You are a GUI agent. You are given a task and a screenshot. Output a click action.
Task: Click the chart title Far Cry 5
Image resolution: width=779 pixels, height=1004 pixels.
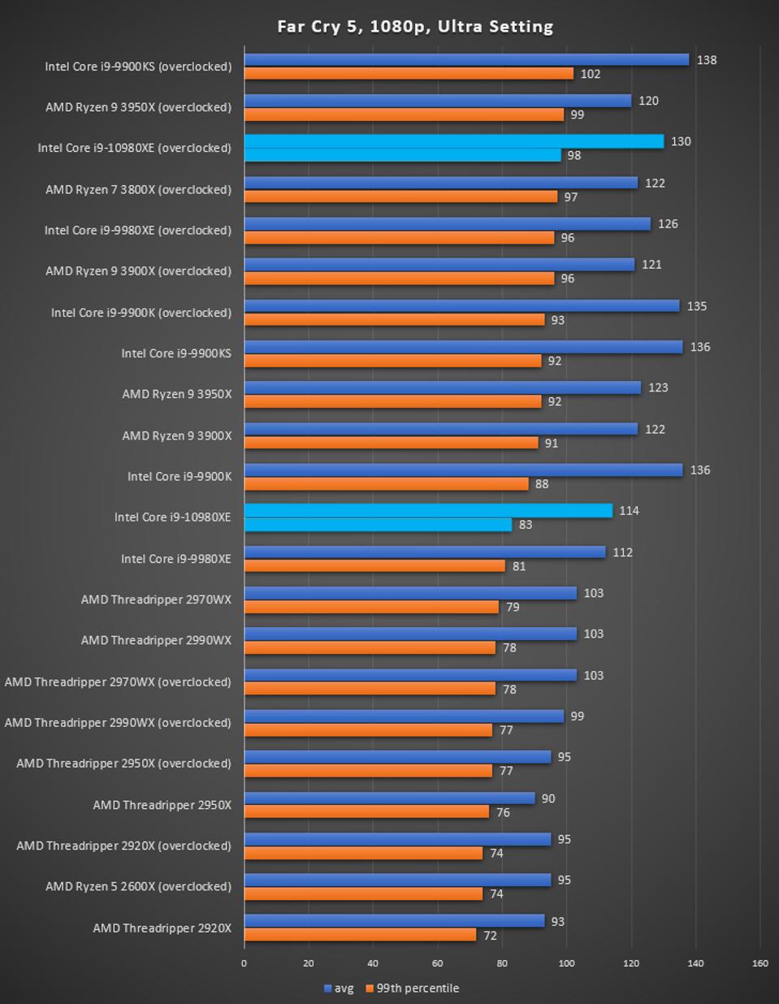(415, 27)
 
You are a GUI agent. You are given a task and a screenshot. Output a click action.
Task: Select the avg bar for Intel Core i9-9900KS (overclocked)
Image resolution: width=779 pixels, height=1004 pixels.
(466, 59)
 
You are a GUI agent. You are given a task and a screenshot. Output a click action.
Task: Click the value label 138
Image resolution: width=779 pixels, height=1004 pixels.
(707, 60)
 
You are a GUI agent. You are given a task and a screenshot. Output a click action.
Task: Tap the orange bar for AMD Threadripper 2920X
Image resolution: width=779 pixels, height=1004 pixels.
(360, 935)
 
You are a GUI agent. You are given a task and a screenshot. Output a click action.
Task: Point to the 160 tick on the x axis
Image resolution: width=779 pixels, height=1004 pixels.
(760, 963)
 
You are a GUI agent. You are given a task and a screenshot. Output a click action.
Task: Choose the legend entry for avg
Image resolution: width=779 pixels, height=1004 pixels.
(339, 989)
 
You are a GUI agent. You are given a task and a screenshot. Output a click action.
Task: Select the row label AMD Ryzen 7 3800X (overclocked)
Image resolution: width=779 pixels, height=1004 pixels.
(138, 189)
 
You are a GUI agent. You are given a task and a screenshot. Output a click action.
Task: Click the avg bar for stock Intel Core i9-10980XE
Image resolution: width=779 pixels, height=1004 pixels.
(428, 510)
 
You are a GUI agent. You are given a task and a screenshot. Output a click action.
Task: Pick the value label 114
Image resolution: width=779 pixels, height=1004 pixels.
(629, 511)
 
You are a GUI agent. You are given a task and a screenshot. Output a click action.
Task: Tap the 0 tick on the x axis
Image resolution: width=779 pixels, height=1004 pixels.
(244, 963)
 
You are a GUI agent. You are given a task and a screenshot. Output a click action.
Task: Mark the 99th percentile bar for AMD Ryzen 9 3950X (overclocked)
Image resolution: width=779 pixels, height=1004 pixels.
(404, 115)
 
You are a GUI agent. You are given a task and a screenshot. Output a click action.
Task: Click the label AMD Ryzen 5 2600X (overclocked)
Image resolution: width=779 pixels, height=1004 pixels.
(138, 886)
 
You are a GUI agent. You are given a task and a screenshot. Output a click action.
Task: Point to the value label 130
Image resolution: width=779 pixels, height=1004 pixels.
(681, 141)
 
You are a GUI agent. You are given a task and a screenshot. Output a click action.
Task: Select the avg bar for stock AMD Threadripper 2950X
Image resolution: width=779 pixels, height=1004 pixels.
(389, 798)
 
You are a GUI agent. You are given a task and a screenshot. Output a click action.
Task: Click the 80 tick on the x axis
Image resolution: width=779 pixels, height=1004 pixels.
(502, 963)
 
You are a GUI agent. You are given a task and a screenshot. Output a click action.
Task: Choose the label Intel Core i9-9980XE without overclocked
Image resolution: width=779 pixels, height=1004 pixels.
(175, 559)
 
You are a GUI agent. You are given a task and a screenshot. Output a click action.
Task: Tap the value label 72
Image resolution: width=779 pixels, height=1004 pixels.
(490, 936)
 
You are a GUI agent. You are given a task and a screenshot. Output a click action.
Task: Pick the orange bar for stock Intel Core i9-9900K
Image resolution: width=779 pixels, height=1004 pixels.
(386, 484)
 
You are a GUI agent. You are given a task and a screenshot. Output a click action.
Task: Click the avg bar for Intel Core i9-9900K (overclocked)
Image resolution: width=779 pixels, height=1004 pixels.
(461, 306)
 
